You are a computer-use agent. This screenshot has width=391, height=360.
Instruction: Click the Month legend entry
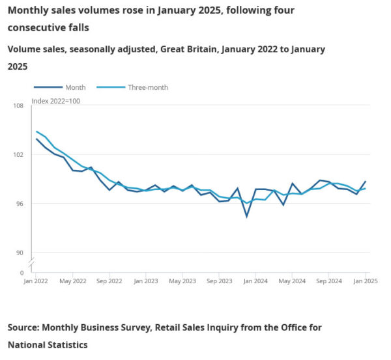pos(75,87)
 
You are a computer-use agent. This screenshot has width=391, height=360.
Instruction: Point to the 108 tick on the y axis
pos(18,105)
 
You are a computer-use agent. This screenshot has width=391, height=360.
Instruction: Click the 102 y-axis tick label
pos(18,155)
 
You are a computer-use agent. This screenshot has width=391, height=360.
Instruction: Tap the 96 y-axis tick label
pos(20,204)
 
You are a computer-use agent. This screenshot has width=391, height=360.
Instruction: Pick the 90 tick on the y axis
pos(20,253)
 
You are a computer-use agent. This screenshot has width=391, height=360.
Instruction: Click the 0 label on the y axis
pos(22,273)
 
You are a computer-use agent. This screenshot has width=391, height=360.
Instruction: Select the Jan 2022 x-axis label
pos(36,281)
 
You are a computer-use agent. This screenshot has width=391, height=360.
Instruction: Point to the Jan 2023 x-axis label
pos(145,281)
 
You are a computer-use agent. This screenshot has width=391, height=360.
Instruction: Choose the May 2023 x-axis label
pos(182,281)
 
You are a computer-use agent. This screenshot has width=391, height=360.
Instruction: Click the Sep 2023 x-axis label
pos(219,281)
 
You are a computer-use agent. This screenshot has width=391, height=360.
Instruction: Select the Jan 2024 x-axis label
pos(255,281)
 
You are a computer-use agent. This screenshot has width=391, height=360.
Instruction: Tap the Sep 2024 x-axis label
pos(328,281)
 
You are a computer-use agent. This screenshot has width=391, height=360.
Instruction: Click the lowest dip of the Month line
pos(247,216)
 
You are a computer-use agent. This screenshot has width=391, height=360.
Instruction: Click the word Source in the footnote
pos(26,327)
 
